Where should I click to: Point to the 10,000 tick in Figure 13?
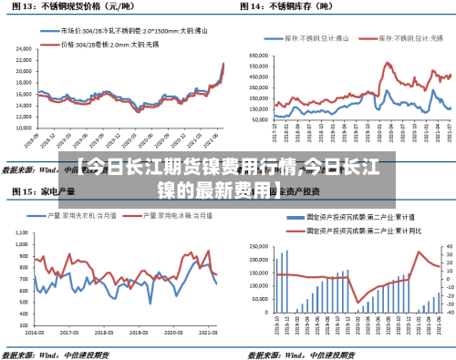(x=22, y=131)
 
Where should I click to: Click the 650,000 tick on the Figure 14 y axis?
(x=257, y=54)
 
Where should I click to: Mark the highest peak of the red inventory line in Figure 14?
(x=389, y=64)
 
